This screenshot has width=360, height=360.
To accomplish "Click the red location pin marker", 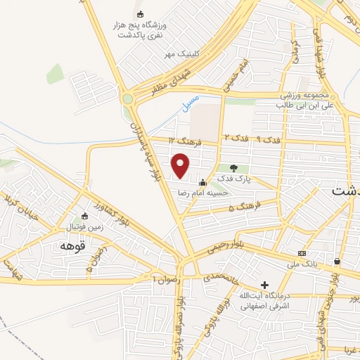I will coord(181,166).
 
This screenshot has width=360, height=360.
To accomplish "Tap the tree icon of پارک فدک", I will coord(233,167).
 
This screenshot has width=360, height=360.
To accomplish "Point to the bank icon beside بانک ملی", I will coord(302,253).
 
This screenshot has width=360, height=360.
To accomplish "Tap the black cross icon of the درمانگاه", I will coord(265,285).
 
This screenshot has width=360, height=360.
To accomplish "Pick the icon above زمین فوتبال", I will coord(84,216).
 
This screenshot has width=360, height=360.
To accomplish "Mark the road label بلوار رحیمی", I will coord(227,248).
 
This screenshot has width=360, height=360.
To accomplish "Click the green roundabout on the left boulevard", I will coord(127,99).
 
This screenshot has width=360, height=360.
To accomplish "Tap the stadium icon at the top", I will coord(140,14).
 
